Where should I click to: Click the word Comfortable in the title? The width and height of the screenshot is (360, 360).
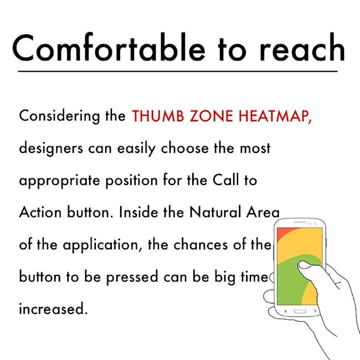click(109, 48)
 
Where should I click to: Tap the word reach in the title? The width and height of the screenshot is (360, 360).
click(302, 48)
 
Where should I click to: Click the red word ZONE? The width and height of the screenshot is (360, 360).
click(212, 116)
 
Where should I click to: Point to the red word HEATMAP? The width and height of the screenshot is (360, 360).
click(275, 116)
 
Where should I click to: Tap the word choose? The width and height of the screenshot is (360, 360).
click(185, 148)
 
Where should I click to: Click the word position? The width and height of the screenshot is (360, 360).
click(132, 181)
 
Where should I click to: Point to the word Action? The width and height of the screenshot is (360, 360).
click(40, 212)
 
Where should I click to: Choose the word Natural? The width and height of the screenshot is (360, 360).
click(215, 212)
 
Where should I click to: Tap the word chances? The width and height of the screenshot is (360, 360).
click(200, 244)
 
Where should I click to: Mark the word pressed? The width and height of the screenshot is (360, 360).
click(132, 277)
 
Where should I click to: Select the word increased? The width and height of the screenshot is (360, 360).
click(54, 308)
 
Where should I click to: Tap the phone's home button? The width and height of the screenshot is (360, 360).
click(300, 311)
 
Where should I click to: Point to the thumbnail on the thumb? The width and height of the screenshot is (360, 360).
click(304, 265)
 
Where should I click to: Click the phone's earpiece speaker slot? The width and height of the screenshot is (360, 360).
click(300, 222)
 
